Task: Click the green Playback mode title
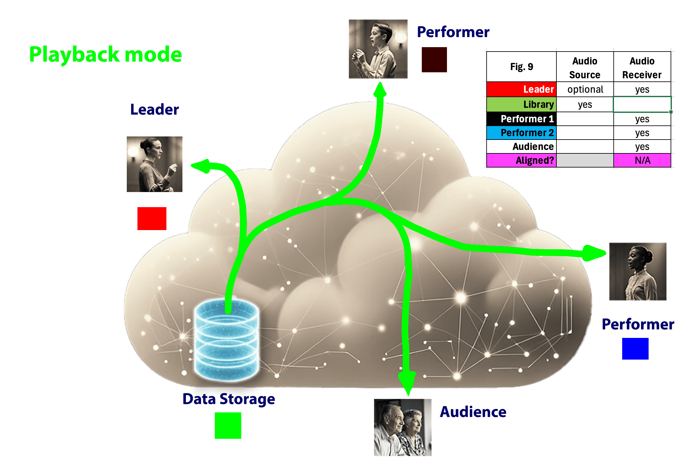pos(105,54)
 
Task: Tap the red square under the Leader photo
pos(152,218)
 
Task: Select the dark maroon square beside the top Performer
pos(434,60)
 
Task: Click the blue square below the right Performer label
pos(635,349)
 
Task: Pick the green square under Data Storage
pos(228,425)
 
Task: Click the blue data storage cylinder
pos(227,341)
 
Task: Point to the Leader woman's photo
pos(154,164)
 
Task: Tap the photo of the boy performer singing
pos(378,49)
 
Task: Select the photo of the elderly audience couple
pos(402,427)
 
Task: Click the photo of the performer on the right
pos(638,271)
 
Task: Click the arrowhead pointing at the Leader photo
pos(201,166)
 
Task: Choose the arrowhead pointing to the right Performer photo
pos(593,253)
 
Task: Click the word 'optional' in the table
pos(585,90)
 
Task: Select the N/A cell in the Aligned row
pos(642,160)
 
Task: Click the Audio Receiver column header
pos(642,67)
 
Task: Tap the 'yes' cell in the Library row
pos(585,104)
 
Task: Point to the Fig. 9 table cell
pos(522,67)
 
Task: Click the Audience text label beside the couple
pos(473,412)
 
